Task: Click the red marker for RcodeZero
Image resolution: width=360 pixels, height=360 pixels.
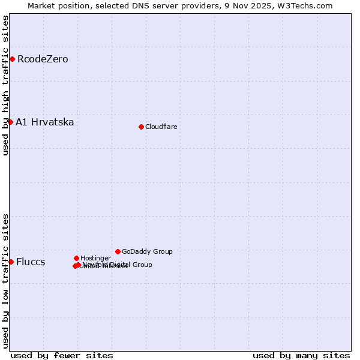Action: pos(12,59)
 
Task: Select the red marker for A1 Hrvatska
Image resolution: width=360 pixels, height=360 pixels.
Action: pos(10,122)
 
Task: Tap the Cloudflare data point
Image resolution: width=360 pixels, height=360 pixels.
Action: pos(141,127)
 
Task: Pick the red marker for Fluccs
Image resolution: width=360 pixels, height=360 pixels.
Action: pos(11,262)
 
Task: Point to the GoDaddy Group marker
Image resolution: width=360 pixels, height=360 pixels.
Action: pos(118,251)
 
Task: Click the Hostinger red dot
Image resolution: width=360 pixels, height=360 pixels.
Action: pos(76,258)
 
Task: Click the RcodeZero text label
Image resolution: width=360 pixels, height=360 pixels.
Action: pos(43,59)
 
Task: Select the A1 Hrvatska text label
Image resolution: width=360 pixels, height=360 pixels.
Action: pos(45,122)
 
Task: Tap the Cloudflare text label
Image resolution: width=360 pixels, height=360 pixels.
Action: pos(161,127)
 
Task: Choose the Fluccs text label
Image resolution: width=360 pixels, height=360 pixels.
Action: pos(31,262)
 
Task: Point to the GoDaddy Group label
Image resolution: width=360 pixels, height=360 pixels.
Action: pos(147,251)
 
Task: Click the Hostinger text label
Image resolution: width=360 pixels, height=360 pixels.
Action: pos(95,258)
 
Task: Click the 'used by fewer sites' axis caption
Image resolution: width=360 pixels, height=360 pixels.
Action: pos(62,355)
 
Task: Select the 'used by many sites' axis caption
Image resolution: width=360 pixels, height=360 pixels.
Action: pos(301,355)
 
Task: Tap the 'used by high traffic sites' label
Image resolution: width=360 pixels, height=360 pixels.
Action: pos(6,85)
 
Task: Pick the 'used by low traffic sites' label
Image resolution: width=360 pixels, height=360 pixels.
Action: pos(6,280)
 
